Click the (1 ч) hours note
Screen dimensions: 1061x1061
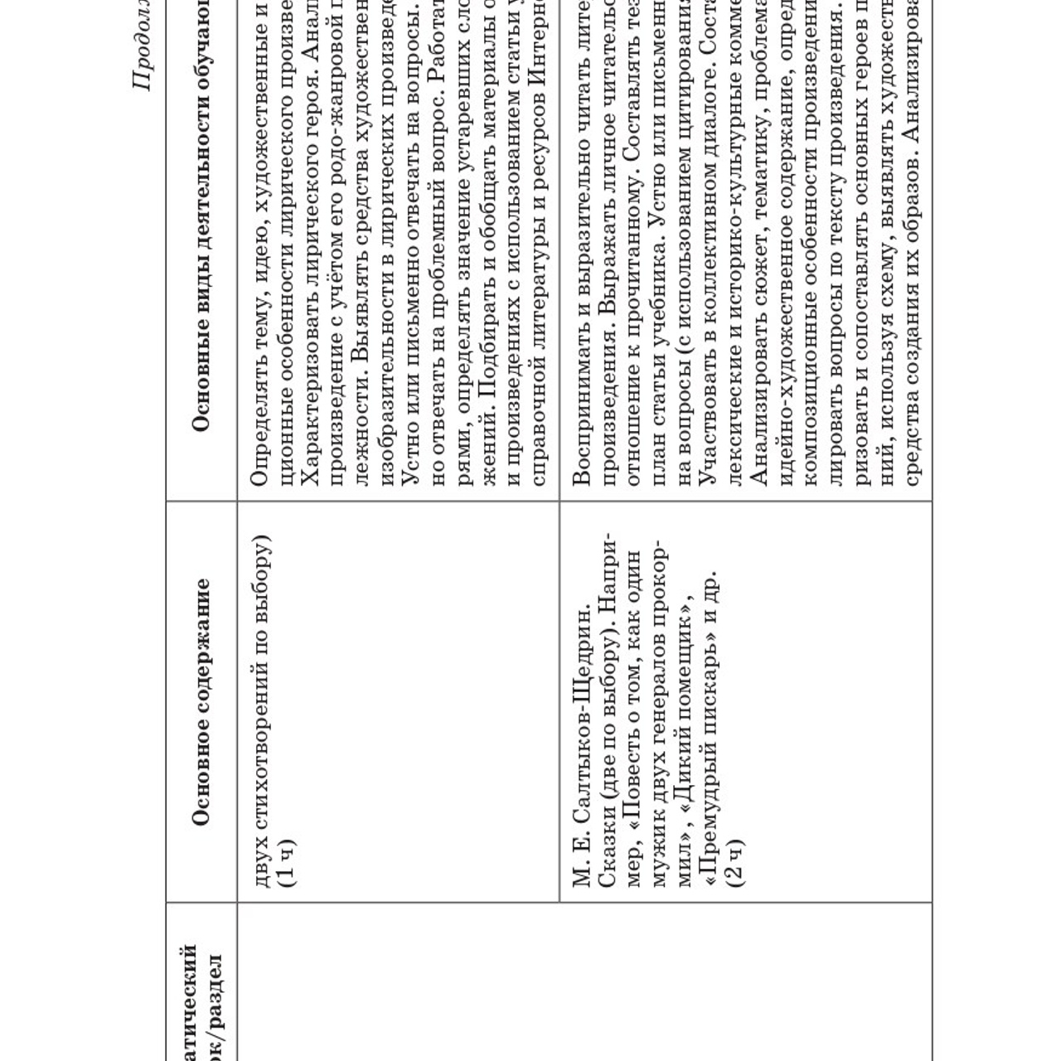click(284, 862)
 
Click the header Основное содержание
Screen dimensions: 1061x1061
click(200, 701)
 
